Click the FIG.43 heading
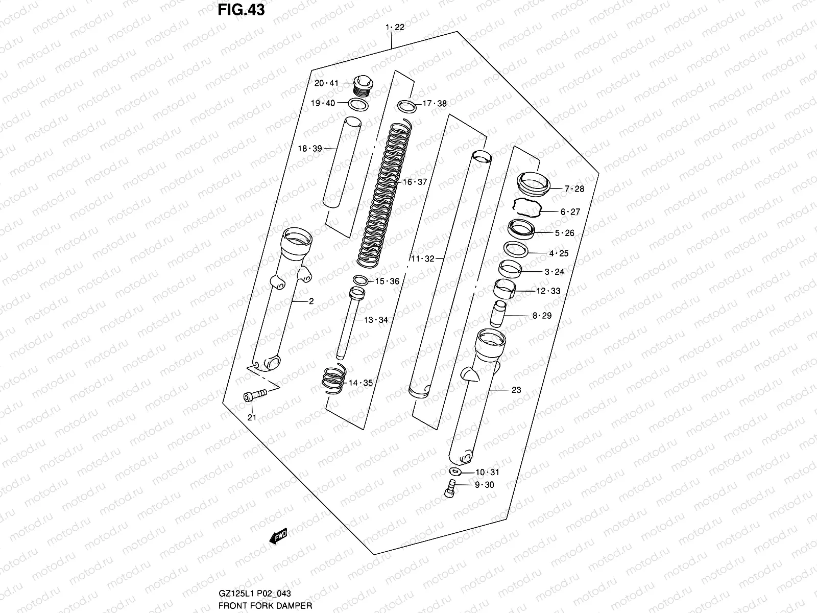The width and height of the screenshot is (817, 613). (x=242, y=10)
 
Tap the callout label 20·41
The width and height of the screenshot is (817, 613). (x=326, y=83)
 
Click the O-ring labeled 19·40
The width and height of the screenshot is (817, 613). (x=359, y=105)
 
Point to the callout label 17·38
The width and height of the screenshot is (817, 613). (x=435, y=104)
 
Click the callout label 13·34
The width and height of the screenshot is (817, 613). (x=376, y=320)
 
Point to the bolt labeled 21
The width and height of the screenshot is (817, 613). (x=254, y=395)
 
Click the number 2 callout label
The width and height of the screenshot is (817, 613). (x=311, y=301)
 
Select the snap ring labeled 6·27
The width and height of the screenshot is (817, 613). (x=526, y=209)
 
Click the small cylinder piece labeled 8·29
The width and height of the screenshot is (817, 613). (x=498, y=314)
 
